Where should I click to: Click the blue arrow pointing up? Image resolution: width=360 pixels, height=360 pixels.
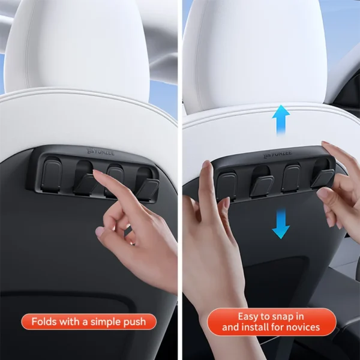coord(280,121)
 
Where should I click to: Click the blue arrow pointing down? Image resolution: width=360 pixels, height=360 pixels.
coord(280,223)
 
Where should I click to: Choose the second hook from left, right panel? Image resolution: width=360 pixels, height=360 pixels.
coord(261,182)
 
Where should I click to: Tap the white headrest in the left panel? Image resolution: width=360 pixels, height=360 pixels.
coord(84,48)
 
